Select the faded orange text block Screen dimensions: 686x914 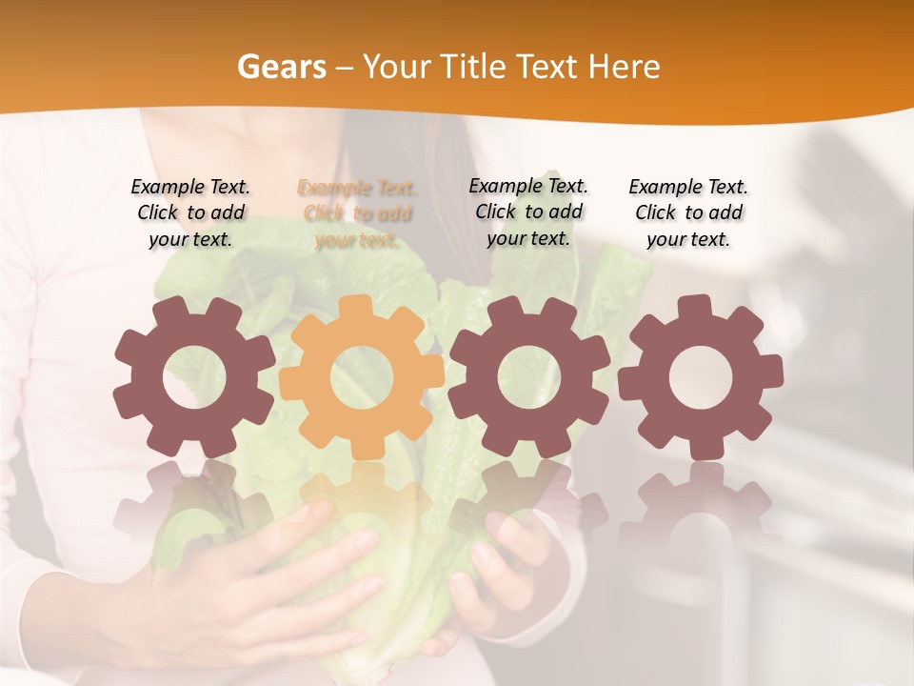(357, 213)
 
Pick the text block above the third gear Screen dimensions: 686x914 (528, 212)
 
